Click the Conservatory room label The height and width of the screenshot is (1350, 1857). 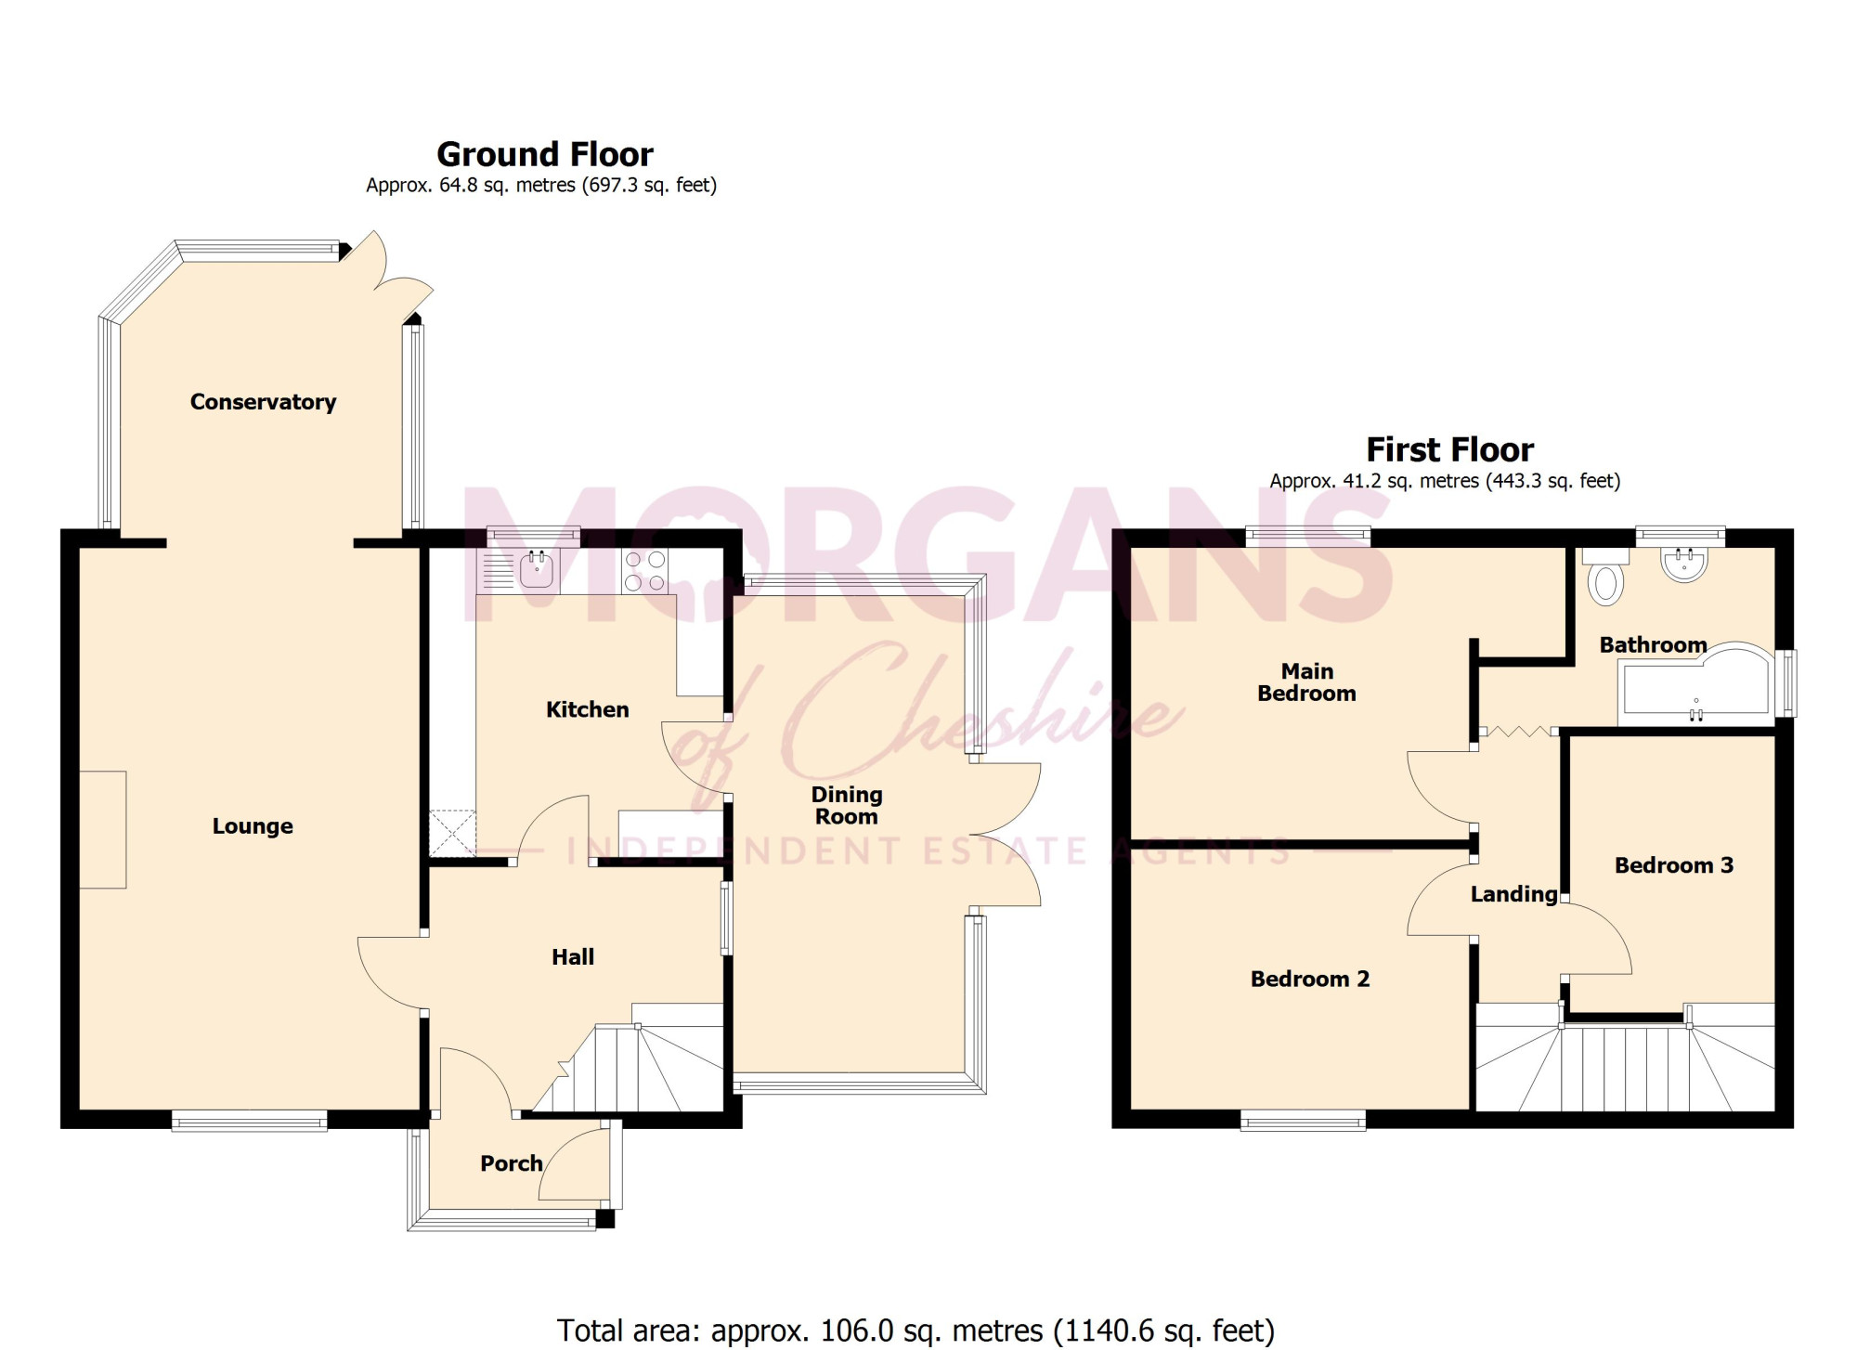(263, 402)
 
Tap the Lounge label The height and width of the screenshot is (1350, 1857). (253, 826)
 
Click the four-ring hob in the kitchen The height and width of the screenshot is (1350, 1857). (645, 571)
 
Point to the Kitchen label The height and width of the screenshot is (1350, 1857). (588, 709)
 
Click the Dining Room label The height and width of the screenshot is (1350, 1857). (847, 806)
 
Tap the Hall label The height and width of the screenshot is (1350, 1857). (573, 957)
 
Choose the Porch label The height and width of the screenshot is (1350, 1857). (511, 1163)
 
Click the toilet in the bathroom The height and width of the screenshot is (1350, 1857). (1605, 577)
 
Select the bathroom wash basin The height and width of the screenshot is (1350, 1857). (1683, 564)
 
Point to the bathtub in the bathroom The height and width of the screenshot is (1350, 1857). (1695, 683)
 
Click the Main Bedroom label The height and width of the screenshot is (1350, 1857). (1306, 682)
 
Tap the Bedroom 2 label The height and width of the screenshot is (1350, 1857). (1309, 979)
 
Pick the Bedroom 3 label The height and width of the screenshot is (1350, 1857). (1674, 865)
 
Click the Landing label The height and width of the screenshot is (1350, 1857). (1513, 895)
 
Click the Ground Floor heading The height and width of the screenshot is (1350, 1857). (545, 154)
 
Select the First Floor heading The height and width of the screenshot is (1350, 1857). (1449, 450)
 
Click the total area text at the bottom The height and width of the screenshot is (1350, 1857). (916, 1331)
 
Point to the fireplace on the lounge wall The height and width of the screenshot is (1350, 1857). (102, 829)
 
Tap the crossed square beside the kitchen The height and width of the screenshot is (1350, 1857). (452, 833)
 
